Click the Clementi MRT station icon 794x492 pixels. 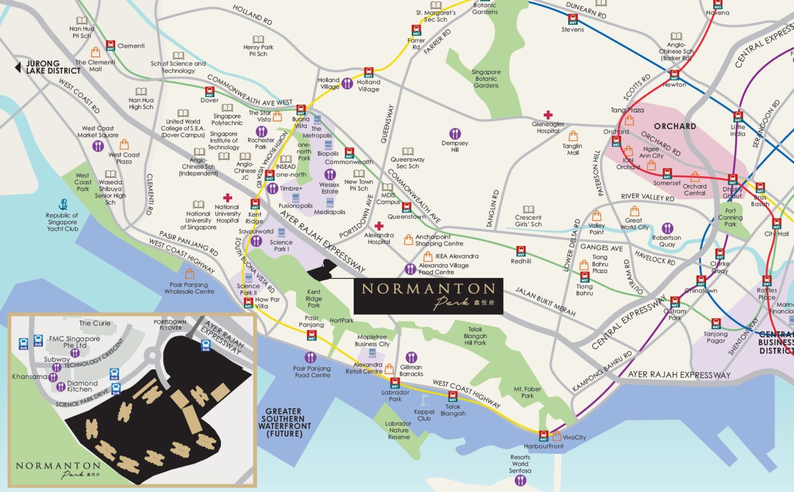point(111,45)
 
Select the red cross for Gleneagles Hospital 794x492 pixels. point(548,115)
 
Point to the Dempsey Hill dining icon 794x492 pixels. point(455,134)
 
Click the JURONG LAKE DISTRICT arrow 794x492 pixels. point(18,67)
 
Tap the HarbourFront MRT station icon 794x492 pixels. point(543,436)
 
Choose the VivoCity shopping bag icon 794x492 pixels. point(557,436)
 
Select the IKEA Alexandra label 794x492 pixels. point(456,256)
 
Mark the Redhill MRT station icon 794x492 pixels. point(521,251)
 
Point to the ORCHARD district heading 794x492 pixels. point(675,126)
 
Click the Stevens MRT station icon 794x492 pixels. point(573,20)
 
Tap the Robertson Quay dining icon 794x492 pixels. point(667,228)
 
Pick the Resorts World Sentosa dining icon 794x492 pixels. point(520,480)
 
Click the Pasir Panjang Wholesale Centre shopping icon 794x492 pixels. point(190,274)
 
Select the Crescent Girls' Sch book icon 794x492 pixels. point(528,209)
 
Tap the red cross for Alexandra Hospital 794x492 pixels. point(379,226)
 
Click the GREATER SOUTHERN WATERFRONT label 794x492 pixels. point(284,422)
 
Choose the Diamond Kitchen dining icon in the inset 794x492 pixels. point(61,386)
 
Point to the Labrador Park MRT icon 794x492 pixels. point(395,383)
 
